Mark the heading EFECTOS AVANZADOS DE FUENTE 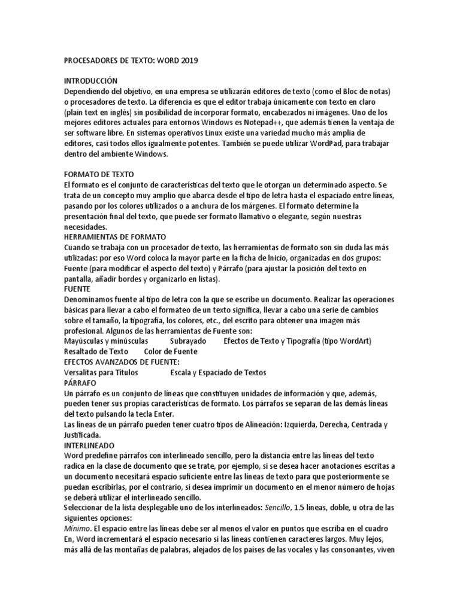[x=122, y=362]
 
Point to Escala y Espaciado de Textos [x=218, y=372]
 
